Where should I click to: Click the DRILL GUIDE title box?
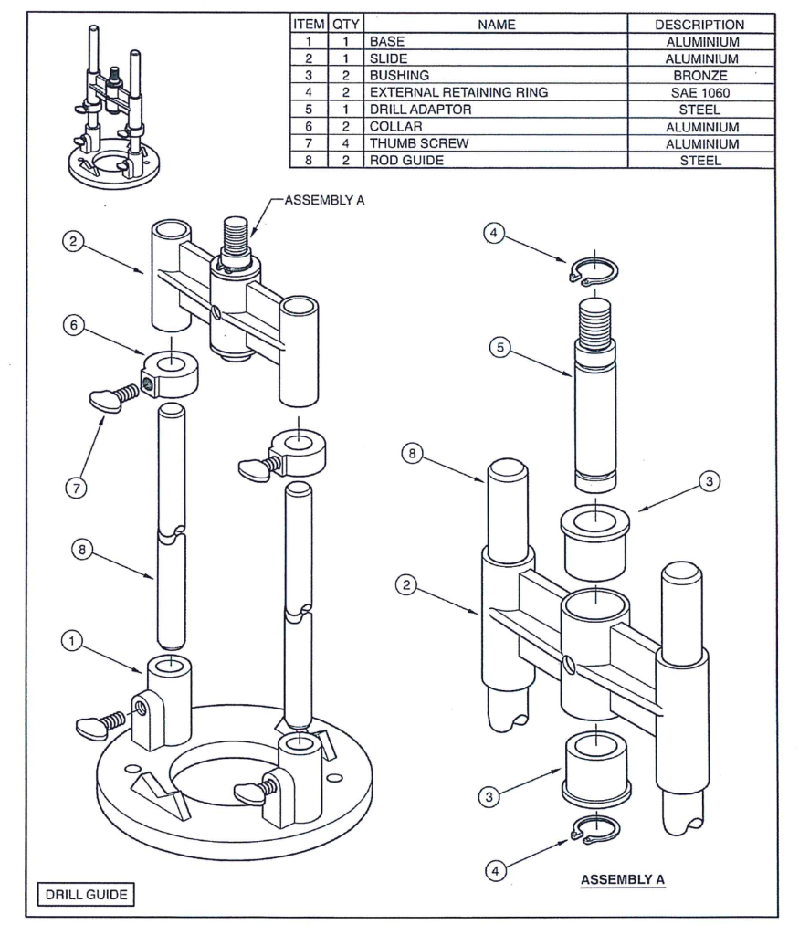pyautogui.click(x=88, y=894)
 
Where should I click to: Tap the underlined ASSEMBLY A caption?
pyautogui.click(x=623, y=879)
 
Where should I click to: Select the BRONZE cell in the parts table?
pyautogui.click(x=699, y=76)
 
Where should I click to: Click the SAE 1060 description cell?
pyautogui.click(x=699, y=93)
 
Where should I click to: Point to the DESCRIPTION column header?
pyautogui.click(x=699, y=25)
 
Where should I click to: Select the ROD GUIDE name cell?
pyautogui.click(x=405, y=161)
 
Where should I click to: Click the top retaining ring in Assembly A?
pyautogui.click(x=593, y=271)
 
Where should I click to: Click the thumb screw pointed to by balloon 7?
pyautogui.click(x=113, y=398)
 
